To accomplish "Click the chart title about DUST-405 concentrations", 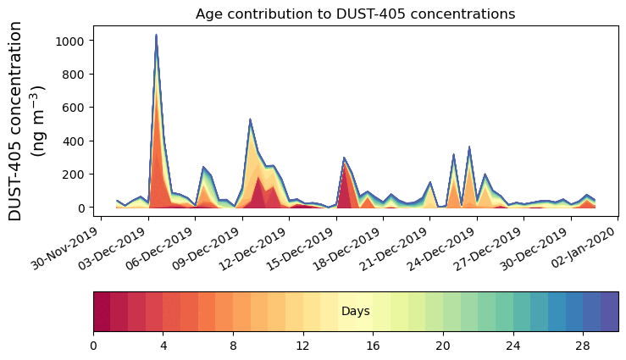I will [355, 14].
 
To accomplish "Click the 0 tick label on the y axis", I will [83, 208].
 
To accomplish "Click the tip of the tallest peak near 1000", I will [156, 35].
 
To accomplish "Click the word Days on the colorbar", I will [355, 312].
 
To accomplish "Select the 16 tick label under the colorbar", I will [373, 346].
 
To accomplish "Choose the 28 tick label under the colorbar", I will [583, 346].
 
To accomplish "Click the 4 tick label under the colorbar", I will [163, 346].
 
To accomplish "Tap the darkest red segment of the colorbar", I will [102, 312].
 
